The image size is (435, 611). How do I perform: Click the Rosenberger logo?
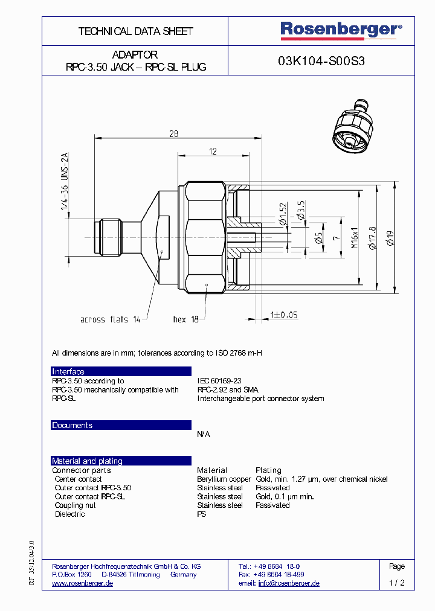coord(340,30)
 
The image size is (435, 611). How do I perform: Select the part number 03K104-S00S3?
coord(321,61)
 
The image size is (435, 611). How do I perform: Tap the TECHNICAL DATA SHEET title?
coord(135,31)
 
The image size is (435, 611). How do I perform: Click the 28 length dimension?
coord(173,135)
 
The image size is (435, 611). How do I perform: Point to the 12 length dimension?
coord(213,152)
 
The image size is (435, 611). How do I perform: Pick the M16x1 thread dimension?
coord(355,237)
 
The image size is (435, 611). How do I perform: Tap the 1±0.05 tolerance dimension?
coord(284,315)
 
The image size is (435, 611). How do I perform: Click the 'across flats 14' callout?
coord(110,319)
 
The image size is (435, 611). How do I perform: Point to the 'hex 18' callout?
coord(185,319)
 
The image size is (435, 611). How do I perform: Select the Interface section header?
coord(68,372)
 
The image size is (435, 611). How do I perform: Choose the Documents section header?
coord(72,426)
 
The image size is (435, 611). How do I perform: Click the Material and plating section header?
coord(87,461)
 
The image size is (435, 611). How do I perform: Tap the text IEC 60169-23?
coord(219,381)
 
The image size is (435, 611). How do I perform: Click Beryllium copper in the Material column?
coord(224,479)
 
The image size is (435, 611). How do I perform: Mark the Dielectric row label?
coord(69,514)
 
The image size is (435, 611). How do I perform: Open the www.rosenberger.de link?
coord(82,583)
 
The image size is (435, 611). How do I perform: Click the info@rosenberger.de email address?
coord(288,583)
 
